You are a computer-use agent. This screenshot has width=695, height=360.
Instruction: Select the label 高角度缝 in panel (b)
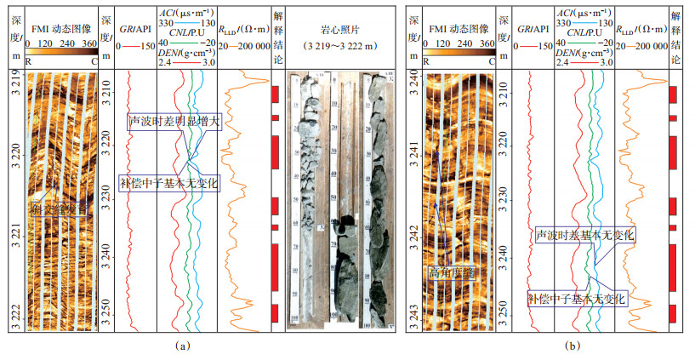tap(451, 271)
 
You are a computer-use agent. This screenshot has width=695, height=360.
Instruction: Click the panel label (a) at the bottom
tap(180, 346)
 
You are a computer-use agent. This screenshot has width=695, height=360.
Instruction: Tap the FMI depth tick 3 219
tap(14, 85)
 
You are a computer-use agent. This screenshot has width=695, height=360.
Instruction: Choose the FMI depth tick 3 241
tap(412, 158)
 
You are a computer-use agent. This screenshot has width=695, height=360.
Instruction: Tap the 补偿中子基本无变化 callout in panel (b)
tap(576, 300)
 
